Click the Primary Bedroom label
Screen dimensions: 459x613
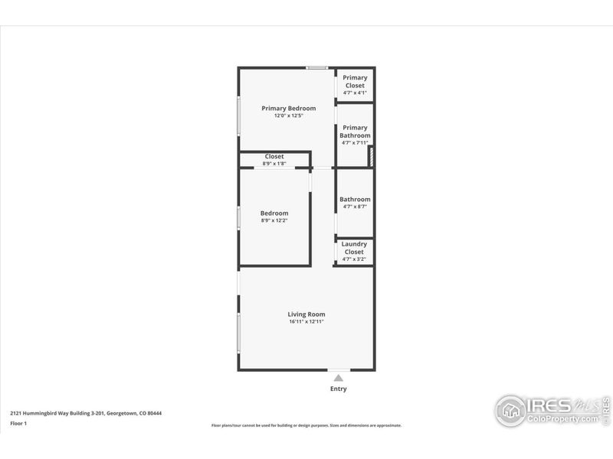coord(288,109)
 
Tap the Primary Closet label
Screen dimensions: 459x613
coord(355,81)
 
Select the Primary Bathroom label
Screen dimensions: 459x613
coord(355,132)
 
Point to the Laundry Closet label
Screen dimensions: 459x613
coord(354,248)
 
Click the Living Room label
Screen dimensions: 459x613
coord(306,314)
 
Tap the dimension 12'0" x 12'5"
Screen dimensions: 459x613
coord(289,116)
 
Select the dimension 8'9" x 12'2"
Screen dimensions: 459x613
coord(274,220)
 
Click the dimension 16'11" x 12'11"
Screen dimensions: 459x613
coord(306,322)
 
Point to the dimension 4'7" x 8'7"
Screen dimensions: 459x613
coord(355,207)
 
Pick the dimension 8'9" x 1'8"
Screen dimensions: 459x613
coord(274,163)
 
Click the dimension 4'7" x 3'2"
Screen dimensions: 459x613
coord(354,259)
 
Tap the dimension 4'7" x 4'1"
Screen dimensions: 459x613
coord(355,93)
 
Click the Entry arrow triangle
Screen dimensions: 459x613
coord(338,377)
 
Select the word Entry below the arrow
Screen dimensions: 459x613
coord(338,389)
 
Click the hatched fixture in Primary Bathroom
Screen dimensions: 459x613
coord(371,157)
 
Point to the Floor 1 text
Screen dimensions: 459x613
coord(18,423)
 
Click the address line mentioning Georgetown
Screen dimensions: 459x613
coord(85,413)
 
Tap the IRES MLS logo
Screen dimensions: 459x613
coord(552,410)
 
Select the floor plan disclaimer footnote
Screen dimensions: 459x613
coord(306,425)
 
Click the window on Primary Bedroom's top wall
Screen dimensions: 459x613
coord(317,69)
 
